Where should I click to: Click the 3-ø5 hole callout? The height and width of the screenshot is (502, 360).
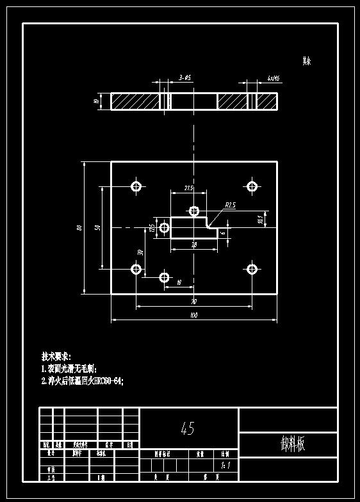(x=184, y=77)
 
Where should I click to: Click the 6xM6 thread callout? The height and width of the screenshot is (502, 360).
(x=273, y=77)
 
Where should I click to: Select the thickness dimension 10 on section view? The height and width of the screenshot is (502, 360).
(x=96, y=101)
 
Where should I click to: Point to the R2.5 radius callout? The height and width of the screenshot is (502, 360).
(x=231, y=205)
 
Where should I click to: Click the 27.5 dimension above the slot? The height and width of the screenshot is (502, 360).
(x=188, y=188)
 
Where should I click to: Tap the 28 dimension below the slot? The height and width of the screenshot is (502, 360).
(x=193, y=245)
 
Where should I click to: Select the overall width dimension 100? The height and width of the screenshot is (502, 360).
(x=193, y=315)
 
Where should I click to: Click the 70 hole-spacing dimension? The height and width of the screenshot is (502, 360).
(x=193, y=301)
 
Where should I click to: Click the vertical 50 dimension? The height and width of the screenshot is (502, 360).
(x=97, y=227)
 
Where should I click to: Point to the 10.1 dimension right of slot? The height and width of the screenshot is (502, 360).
(x=260, y=218)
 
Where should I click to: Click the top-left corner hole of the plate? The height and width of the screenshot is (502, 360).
(x=136, y=186)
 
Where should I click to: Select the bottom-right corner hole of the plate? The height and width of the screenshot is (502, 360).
(x=252, y=268)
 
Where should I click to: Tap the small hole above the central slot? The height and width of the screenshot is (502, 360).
(x=194, y=211)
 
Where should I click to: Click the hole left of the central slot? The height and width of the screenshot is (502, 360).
(x=164, y=227)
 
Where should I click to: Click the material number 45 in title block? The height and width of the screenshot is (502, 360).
(x=188, y=428)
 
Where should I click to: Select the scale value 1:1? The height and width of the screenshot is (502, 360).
(x=224, y=466)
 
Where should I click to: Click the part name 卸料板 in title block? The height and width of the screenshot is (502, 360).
(x=292, y=444)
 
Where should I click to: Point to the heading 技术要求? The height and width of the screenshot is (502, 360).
(x=56, y=356)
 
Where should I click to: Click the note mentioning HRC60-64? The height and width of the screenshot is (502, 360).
(x=82, y=380)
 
